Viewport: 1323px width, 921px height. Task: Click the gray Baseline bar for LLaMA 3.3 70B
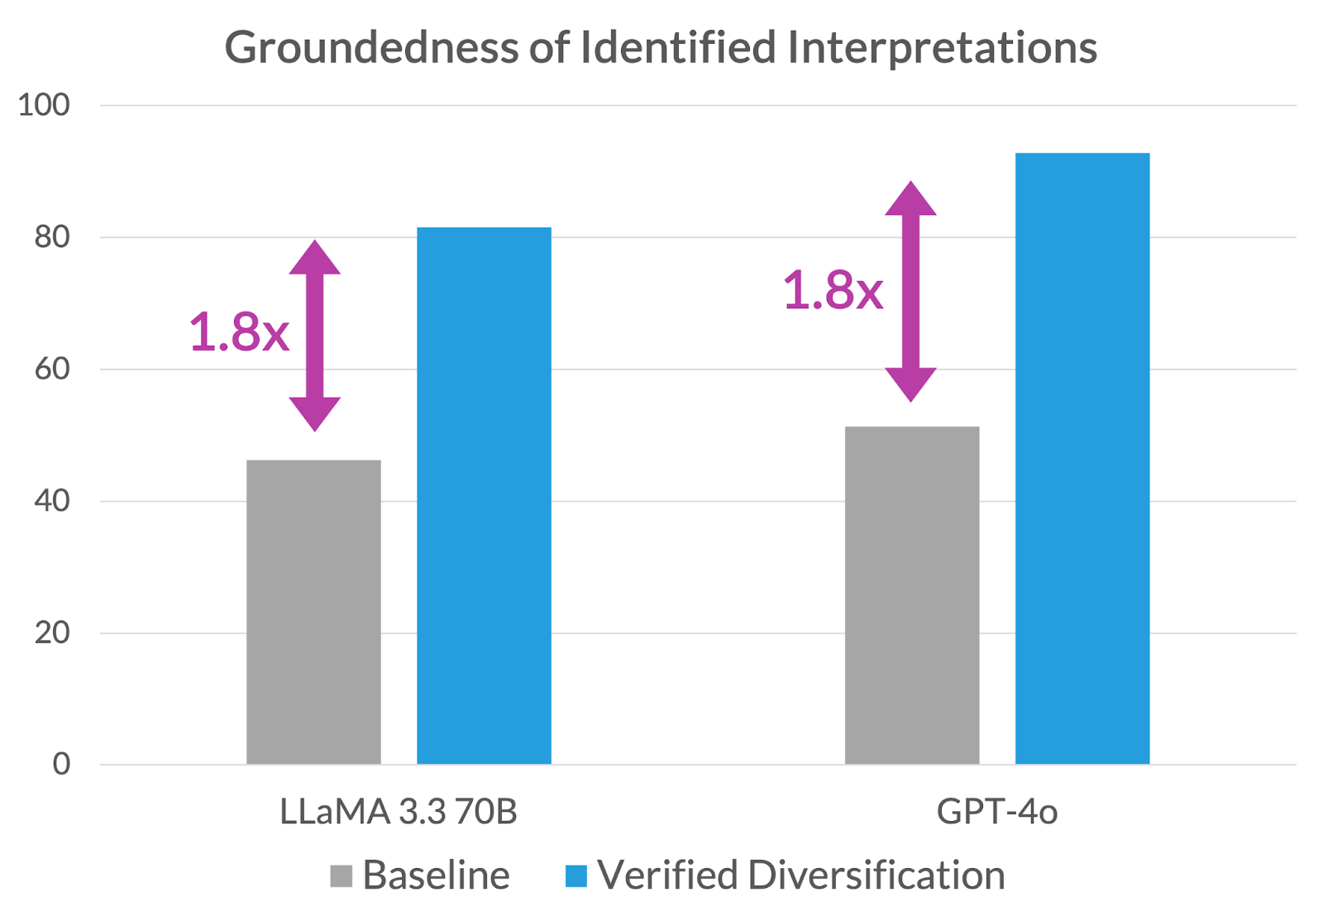(x=313, y=612)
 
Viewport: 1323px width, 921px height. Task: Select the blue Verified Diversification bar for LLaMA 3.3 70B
(x=484, y=496)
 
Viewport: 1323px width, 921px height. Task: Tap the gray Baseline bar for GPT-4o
(x=912, y=595)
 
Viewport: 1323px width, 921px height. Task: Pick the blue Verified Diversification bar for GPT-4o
(x=1082, y=459)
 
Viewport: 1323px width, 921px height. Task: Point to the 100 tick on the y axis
(x=44, y=105)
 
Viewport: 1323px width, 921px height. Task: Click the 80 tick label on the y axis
(x=51, y=237)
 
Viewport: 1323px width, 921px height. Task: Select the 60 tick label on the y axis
(x=51, y=369)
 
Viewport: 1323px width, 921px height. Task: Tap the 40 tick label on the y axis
(x=51, y=501)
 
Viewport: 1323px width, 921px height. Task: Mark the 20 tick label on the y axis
(x=51, y=632)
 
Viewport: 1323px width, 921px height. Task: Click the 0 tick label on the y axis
(x=61, y=764)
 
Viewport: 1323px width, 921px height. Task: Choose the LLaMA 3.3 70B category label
(x=399, y=812)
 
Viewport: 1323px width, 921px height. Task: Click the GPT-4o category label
(x=996, y=812)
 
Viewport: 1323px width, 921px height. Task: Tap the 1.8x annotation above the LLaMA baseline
(x=239, y=332)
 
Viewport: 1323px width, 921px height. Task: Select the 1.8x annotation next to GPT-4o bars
(x=833, y=291)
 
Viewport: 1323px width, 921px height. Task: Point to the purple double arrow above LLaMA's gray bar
(x=314, y=336)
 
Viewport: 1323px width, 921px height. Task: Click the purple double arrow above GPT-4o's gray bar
(x=910, y=292)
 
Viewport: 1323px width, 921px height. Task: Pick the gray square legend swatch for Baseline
(x=341, y=876)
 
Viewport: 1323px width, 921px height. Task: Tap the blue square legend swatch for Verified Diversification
(x=576, y=876)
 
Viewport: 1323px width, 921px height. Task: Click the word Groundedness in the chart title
(x=371, y=47)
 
